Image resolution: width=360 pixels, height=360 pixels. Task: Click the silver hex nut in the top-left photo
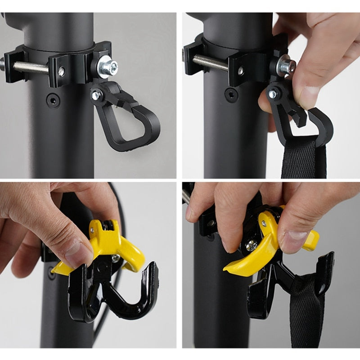coord(108,67)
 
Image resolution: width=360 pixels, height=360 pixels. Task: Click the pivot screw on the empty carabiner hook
coord(96,95)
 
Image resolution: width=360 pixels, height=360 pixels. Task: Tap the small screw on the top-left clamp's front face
coord(61,71)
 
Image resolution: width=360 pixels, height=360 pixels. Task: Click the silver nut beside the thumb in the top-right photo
coord(285,66)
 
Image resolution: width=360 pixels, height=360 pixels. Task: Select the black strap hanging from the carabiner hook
coord(299,157)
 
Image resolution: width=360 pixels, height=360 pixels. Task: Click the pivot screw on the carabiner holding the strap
coord(272,94)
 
